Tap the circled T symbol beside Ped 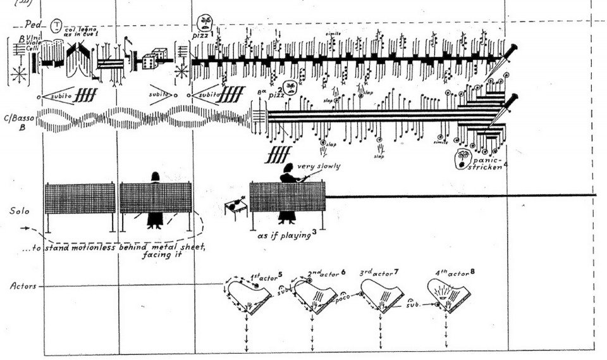coord(57,25)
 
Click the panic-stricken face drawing coord(462,158)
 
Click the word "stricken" coord(487,168)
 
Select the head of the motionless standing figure coord(154,175)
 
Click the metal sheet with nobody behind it coord(80,198)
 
